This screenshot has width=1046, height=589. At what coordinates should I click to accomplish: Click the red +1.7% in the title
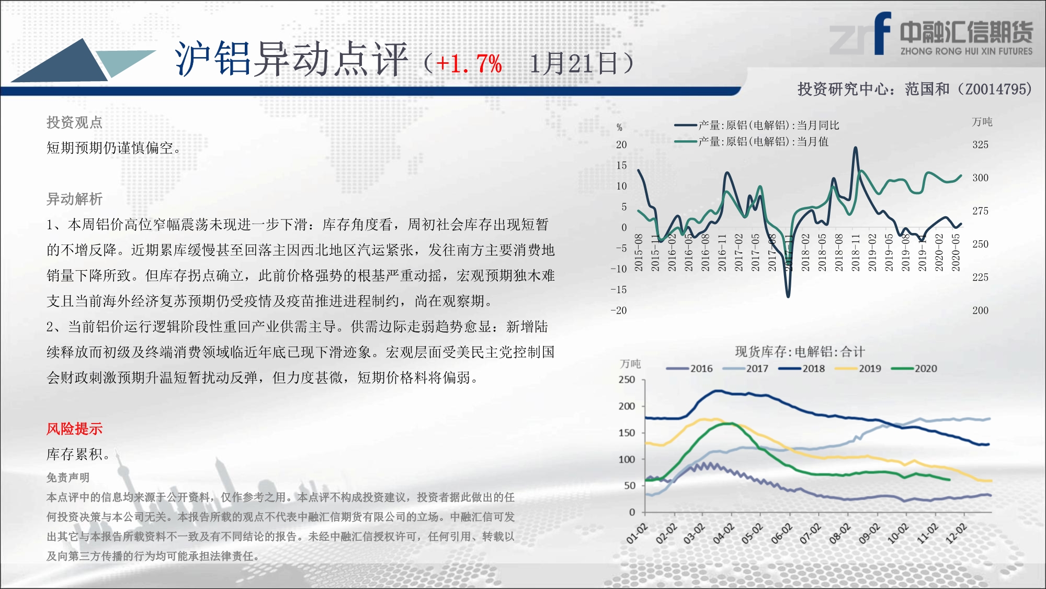[x=469, y=64]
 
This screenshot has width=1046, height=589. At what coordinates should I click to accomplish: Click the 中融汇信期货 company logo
[x=931, y=34]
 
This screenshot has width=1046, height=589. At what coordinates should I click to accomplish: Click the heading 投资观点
[x=74, y=123]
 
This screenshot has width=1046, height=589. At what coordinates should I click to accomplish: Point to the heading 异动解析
[x=74, y=199]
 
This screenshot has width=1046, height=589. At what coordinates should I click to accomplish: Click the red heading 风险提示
[x=74, y=429]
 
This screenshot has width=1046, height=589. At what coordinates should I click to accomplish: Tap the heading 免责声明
[x=68, y=477]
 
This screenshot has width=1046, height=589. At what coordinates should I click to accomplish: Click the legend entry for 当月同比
[x=756, y=125]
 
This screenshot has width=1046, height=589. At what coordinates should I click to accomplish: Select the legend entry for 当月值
[x=751, y=141]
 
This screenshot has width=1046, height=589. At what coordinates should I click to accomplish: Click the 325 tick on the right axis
[x=981, y=145]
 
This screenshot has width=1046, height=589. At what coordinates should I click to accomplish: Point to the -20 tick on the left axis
[x=619, y=310]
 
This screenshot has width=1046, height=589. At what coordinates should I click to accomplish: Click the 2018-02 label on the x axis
[x=805, y=253]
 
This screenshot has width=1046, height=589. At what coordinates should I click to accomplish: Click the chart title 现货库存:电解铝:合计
[x=800, y=352]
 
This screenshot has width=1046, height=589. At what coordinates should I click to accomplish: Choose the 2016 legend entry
[x=690, y=369]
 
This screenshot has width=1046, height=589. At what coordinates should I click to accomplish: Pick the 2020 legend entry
[x=914, y=369]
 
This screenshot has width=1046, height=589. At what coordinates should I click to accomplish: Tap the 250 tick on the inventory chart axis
[x=627, y=380]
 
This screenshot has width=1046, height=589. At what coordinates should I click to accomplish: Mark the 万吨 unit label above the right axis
[x=982, y=122]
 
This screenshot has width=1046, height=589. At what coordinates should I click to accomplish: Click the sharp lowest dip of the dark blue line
[x=788, y=296]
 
